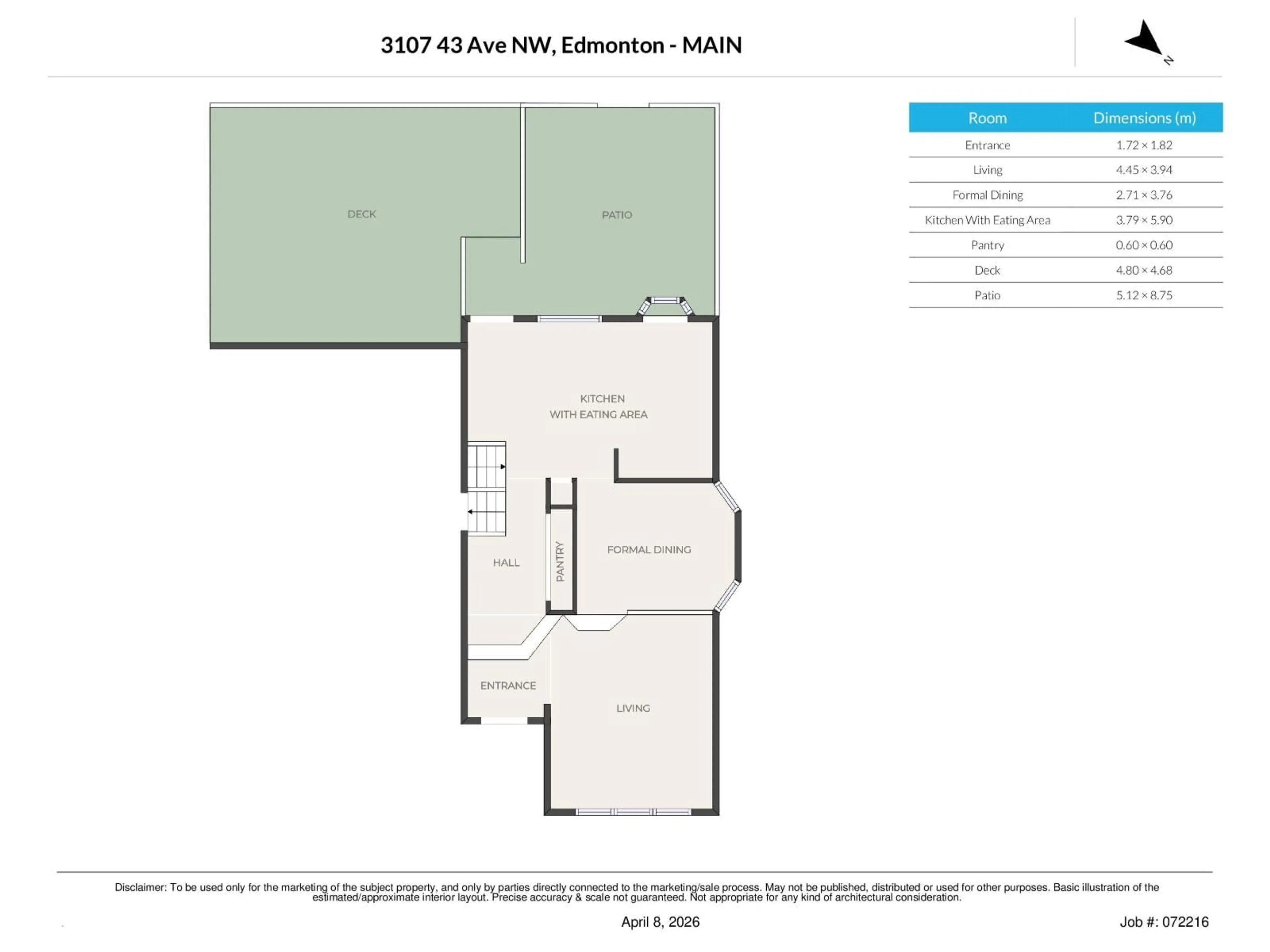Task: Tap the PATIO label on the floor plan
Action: pos(616,215)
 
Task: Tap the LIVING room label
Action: pos(633,708)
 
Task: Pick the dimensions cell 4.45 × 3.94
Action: pos(1144,170)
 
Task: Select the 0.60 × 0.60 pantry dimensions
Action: pos(1144,245)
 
